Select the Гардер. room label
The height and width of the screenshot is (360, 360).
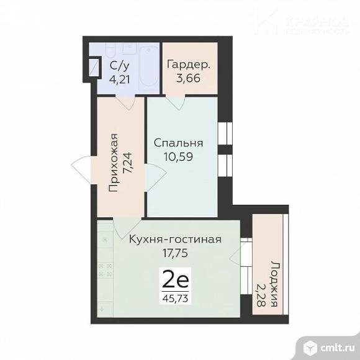point(188,64)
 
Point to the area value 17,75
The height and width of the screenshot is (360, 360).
point(174,253)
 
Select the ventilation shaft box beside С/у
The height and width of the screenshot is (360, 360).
point(94,67)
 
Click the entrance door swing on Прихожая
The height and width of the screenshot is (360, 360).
point(84,168)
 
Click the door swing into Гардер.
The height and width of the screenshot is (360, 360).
point(178,104)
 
